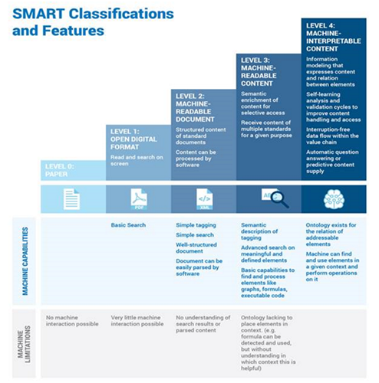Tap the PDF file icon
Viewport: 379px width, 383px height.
click(140, 199)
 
